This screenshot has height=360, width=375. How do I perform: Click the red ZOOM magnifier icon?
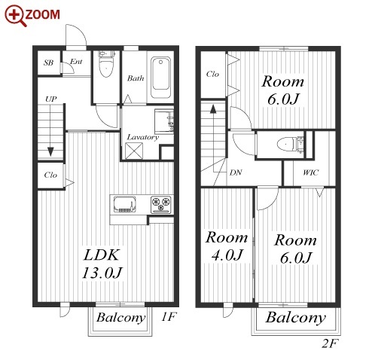coord(15,15)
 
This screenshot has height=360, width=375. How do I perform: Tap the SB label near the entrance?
coord(48,63)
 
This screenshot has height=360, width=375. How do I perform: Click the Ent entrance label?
coord(76,62)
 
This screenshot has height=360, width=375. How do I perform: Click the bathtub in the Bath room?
coord(160,78)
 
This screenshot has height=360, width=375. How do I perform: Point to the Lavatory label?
coord(142,137)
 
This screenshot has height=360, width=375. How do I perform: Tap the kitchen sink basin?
coord(124,204)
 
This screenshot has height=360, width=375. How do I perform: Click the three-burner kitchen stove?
coord(161,204)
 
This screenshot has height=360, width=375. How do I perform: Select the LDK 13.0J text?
coord(102,264)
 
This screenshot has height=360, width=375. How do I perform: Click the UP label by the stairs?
coord(51,99)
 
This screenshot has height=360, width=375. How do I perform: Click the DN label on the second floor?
coord(236,172)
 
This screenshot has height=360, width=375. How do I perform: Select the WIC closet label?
coord(310,172)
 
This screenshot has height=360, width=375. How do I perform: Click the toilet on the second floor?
coord(290,145)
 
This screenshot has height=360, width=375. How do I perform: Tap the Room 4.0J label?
coord(227,246)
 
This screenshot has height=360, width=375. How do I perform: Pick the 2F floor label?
coord(330,343)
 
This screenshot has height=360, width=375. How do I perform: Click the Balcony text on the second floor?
coord(296,318)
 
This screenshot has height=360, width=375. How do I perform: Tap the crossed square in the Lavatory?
coord(134,151)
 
